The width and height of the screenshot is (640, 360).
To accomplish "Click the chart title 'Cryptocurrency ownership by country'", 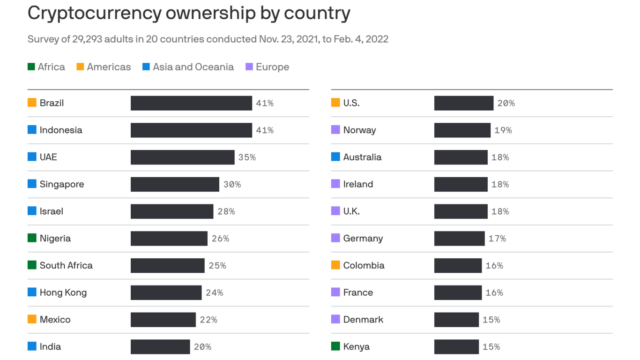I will pos(189,14).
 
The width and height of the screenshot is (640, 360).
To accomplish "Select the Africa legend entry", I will pos(46,67).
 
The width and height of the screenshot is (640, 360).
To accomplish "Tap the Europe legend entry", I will pos(267,67).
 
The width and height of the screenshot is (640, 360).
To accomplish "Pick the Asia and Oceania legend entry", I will pos(188,67).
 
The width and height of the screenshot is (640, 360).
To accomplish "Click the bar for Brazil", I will pos(191,103).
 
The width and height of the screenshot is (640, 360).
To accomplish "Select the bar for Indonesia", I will pos(191,130).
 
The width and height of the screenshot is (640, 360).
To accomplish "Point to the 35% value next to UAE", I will pos(247,157).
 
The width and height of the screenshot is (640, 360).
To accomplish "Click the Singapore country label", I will pos(62,184).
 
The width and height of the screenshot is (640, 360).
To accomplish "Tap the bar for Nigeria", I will pos(169,239).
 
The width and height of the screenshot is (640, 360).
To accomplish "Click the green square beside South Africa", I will pos(32,265).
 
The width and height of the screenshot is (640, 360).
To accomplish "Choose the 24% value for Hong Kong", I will pos(214,292).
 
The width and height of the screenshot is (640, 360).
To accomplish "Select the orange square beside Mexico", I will pos(32,319).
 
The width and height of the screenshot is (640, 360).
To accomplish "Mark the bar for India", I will pos(160,347).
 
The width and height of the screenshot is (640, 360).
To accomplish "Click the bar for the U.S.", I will pos(463,103).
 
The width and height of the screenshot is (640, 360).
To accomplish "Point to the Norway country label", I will pos(359,130).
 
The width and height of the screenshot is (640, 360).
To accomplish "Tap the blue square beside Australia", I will pos(335,157).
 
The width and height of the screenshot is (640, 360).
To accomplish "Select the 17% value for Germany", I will pos(497,239).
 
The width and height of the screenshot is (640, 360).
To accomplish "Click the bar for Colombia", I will pos(458,265).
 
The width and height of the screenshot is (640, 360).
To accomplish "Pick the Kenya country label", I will pos(356,347).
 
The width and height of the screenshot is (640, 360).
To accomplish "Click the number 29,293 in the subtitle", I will pos(87,39).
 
